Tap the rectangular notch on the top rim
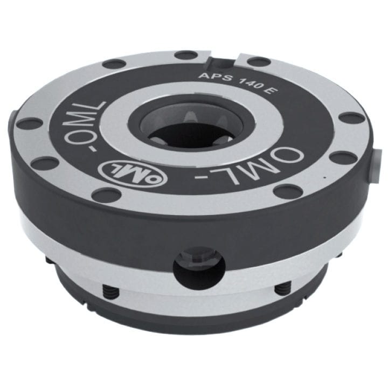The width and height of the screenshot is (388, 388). (x=223, y=56)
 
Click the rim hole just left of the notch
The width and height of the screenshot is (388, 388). (x=186, y=54)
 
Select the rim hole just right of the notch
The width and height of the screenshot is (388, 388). (x=258, y=61)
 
